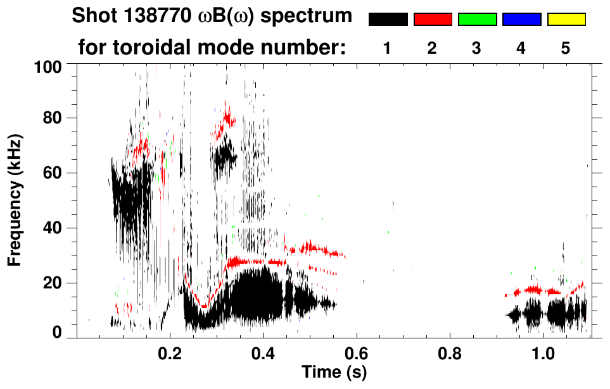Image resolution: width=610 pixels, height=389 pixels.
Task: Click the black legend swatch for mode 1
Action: coord(388,20)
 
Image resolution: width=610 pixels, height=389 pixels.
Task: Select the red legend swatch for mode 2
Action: coord(433,20)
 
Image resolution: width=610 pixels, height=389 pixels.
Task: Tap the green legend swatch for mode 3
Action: coord(477,20)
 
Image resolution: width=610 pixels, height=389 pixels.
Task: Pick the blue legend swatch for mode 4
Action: coord(521,20)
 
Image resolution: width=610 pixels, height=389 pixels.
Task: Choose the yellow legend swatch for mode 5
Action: coord(566,20)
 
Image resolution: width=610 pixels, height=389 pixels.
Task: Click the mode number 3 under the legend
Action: coord(476,49)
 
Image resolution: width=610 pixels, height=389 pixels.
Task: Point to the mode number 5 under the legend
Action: coord(566,49)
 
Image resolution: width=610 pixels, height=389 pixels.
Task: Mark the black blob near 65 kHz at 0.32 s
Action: coord(224,156)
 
